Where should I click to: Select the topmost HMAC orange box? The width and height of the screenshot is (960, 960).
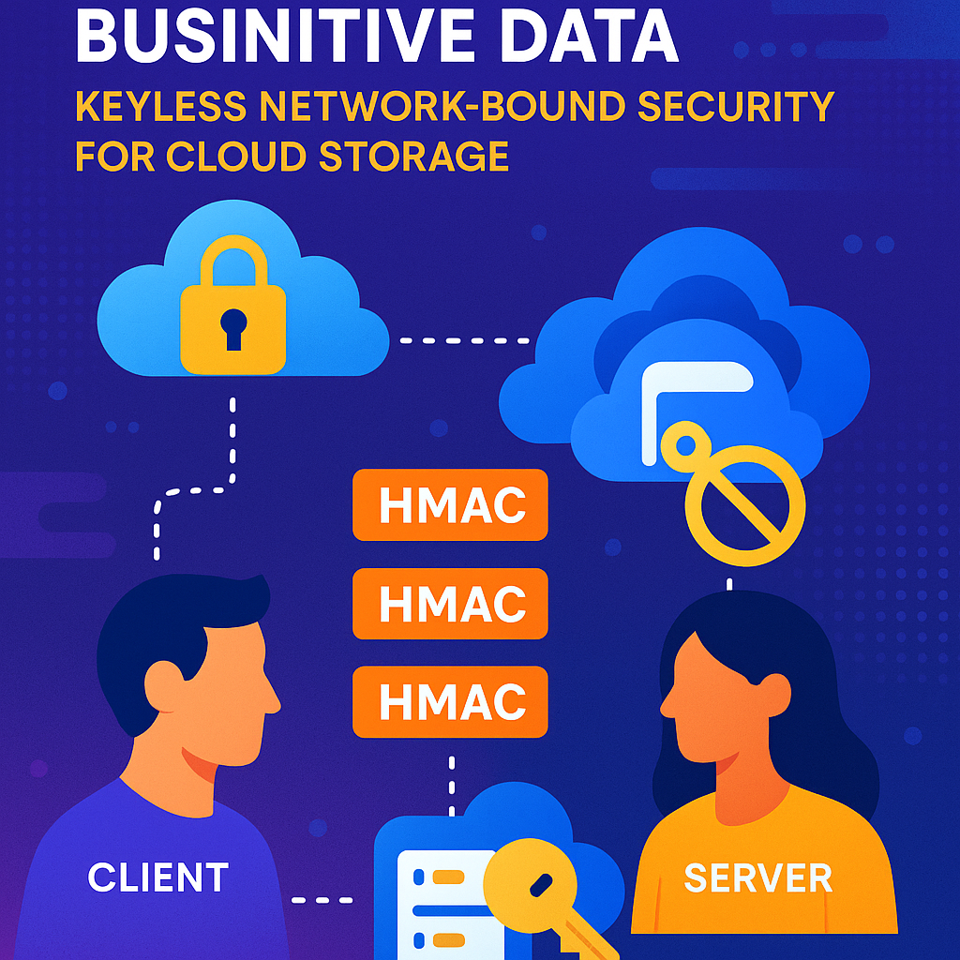450,505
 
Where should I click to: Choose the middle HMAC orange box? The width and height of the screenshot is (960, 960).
450,604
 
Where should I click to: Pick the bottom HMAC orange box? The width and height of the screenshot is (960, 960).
450,700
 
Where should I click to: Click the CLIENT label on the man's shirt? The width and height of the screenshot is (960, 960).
157,877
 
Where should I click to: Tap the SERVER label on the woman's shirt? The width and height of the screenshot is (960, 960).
757,877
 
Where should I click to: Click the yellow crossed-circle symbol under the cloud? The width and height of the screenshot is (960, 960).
745,501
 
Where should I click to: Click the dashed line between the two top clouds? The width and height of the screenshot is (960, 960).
464,339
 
